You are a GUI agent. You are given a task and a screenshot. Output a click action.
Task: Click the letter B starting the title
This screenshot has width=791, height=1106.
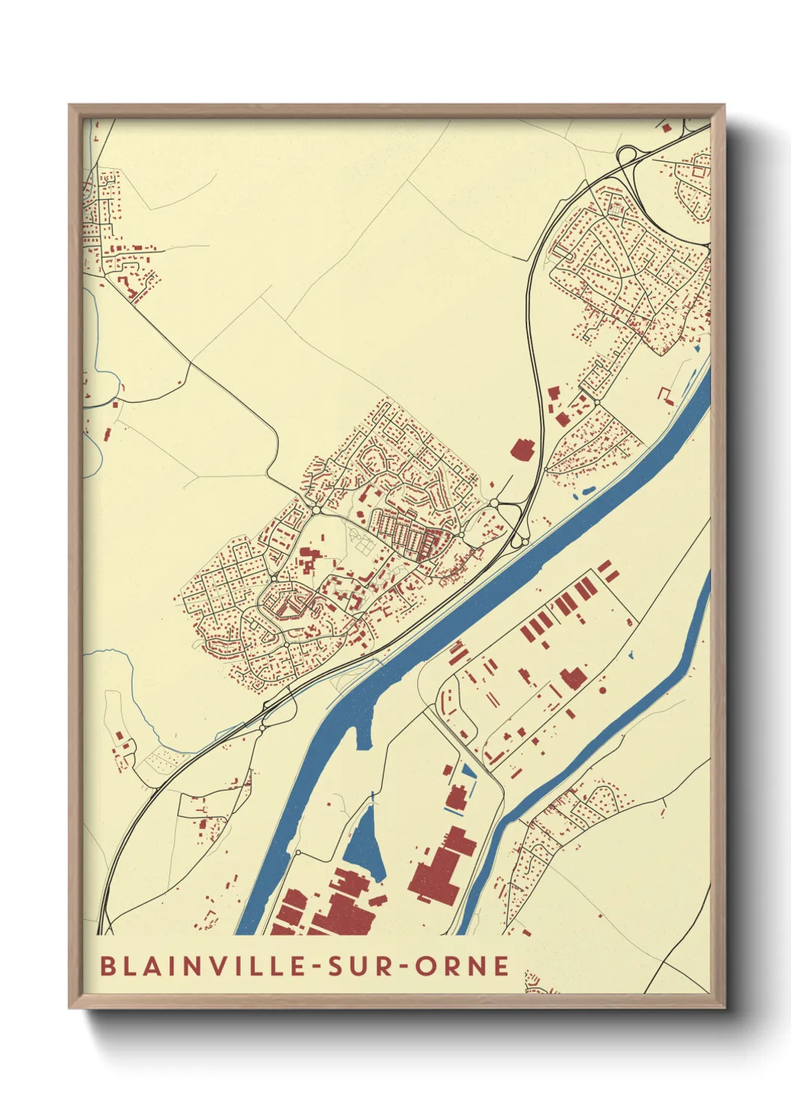108,966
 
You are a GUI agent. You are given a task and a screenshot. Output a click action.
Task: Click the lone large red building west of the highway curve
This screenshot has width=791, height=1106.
523,448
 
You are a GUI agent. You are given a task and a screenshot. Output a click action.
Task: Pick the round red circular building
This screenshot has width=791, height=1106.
603,690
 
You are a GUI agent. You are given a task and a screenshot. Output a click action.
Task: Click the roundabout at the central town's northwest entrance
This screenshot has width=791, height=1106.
316,510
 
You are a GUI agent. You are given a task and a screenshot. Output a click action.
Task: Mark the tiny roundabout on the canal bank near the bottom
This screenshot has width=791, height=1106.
298,852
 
